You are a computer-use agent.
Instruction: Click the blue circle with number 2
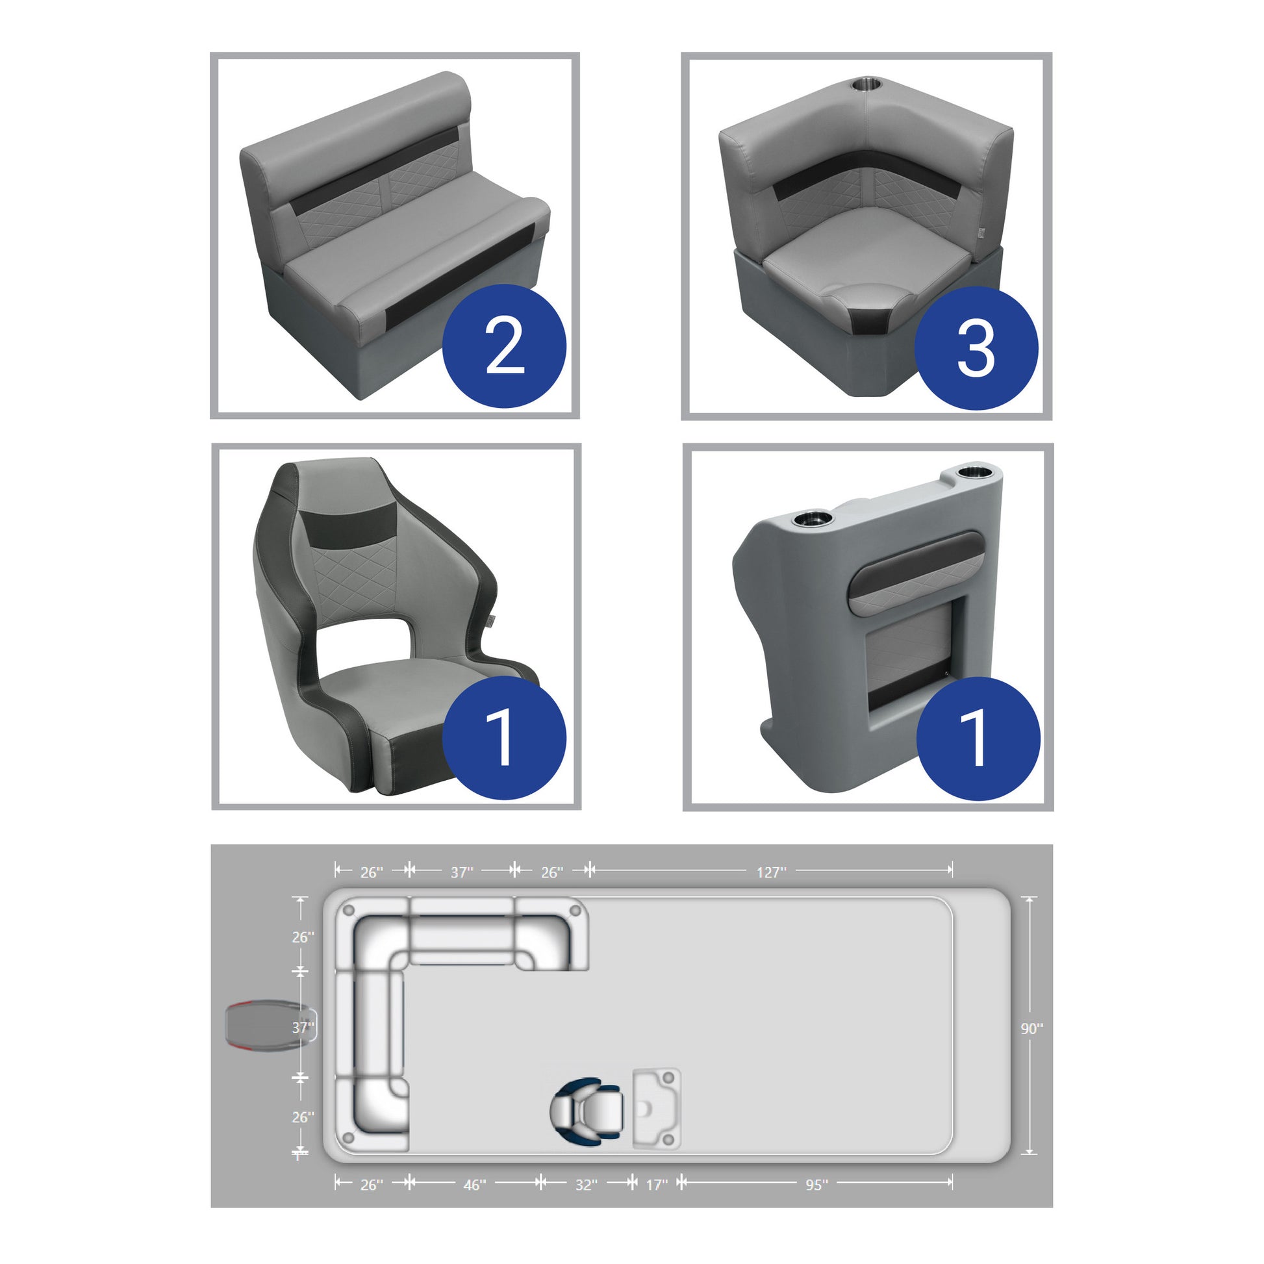tap(505, 346)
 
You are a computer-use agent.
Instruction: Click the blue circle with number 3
tap(976, 348)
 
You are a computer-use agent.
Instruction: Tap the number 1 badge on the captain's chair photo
tap(504, 737)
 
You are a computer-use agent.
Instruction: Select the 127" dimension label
tap(772, 872)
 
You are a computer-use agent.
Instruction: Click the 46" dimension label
tap(474, 1203)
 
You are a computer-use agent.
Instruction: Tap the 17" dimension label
tap(657, 1203)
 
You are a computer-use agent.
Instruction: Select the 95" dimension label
tap(816, 1203)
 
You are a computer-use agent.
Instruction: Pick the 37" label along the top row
tap(461, 872)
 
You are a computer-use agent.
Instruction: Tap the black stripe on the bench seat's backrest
tap(373, 171)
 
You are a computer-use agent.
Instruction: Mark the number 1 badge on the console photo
tap(978, 739)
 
